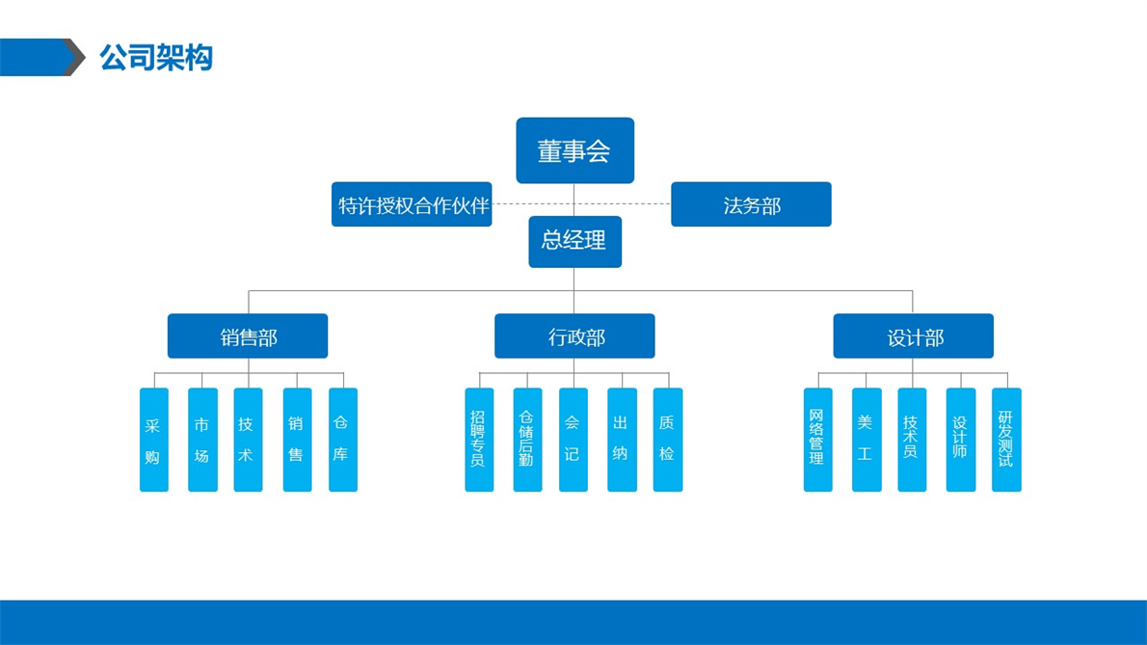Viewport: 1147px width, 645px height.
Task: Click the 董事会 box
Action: [575, 149]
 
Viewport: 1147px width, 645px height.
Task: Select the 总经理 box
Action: [575, 241]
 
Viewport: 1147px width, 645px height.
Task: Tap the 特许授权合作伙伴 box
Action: [412, 204]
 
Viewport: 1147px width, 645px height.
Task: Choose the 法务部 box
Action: [751, 204]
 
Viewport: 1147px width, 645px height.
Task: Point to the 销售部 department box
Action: [248, 336]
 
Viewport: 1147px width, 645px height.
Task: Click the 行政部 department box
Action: [575, 336]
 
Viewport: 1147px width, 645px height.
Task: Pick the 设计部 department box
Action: [914, 336]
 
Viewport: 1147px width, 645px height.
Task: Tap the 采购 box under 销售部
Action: [154, 440]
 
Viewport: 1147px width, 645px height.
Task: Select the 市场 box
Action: [202, 440]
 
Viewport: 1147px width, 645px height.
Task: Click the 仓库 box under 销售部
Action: [343, 440]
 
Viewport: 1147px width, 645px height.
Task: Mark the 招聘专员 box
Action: [479, 440]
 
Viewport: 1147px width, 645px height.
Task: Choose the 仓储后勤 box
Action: [527, 440]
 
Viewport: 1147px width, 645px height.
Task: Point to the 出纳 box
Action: [622, 440]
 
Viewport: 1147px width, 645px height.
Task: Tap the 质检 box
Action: [668, 440]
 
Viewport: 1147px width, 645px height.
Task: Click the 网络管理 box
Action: [817, 440]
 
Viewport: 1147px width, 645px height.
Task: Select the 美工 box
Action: [867, 440]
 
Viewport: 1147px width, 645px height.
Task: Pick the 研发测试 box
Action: [1006, 440]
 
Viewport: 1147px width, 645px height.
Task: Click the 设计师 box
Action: [960, 440]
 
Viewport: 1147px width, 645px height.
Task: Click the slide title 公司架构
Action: [156, 57]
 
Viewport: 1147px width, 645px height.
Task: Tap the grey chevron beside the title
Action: [74, 57]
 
